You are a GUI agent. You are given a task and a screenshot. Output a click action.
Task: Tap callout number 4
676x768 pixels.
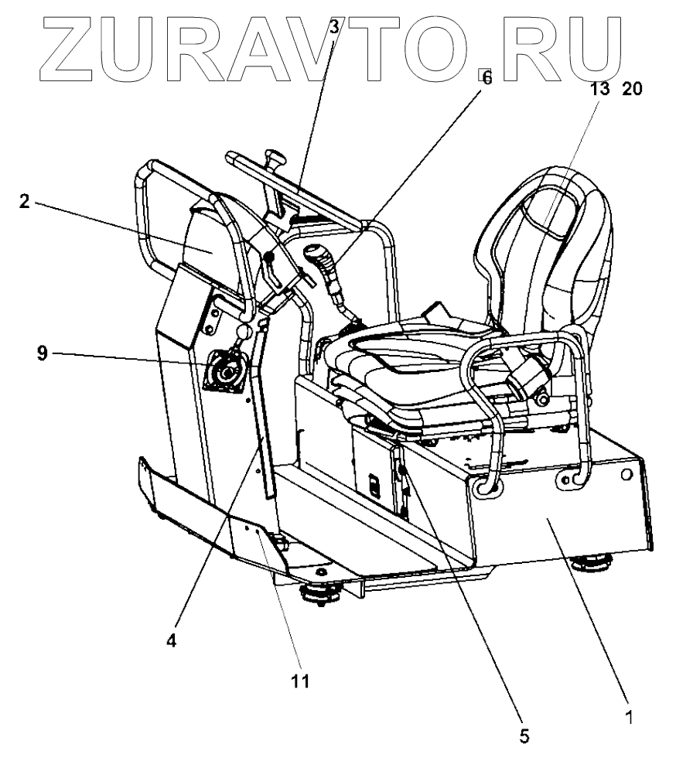click(x=172, y=642)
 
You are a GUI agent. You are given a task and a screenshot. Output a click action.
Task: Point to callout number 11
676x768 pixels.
click(x=299, y=681)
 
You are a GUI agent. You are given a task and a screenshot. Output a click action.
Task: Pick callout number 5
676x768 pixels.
click(x=524, y=736)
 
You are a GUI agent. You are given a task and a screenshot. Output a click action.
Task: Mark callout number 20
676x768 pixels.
click(x=632, y=89)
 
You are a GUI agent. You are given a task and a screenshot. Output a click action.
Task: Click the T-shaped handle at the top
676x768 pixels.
click(x=274, y=160)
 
